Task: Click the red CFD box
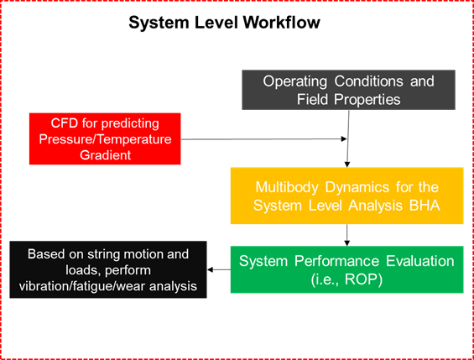point(104,138)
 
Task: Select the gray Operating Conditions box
point(348,90)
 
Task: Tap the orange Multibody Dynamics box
point(346,196)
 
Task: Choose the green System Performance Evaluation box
point(346,269)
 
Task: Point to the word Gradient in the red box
point(104,155)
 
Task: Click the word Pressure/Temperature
point(104,139)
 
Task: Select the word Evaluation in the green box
point(417,261)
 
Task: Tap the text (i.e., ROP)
point(346,279)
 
